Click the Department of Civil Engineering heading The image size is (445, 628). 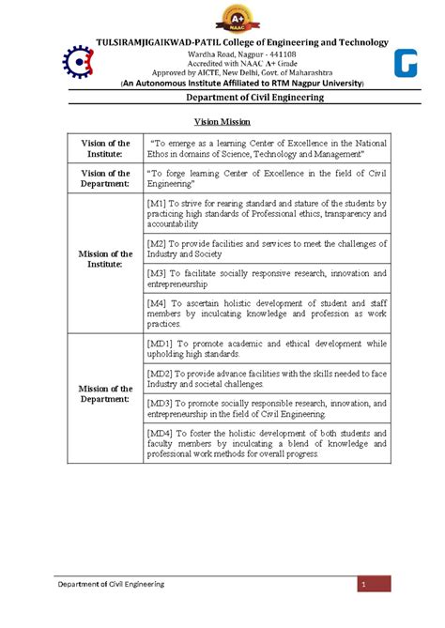coord(223,98)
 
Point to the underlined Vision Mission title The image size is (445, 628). coord(222,122)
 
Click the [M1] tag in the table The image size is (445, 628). coord(158,203)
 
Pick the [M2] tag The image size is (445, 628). coord(158,242)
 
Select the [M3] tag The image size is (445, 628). coord(158,273)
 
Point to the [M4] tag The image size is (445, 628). coord(158,303)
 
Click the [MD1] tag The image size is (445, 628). coord(161,344)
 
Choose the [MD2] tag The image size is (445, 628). coord(161,374)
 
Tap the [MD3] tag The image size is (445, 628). coord(161,403)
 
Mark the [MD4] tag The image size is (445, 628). coord(161,432)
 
